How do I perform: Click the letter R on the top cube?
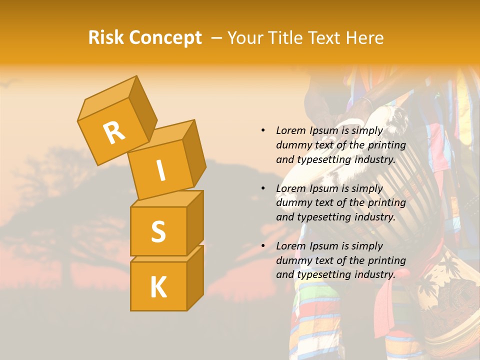coord(114,132)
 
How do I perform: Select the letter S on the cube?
coord(158,231)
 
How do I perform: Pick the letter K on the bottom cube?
coord(158,287)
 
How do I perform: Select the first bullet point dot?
coord(263,130)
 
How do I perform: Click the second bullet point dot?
coord(263,188)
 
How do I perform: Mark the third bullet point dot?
coord(263,246)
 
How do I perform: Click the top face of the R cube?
coord(107,98)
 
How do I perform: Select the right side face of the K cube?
coord(195,277)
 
